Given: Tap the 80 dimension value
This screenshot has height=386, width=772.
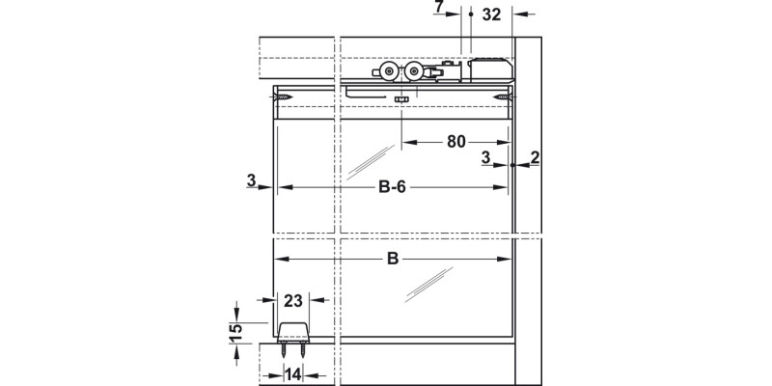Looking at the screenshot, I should click(x=458, y=141).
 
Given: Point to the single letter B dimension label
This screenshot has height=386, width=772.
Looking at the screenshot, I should click(x=393, y=259).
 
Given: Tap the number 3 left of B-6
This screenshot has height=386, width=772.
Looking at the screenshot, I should click(x=251, y=179).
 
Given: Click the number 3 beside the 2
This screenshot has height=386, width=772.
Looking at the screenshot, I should click(x=486, y=157).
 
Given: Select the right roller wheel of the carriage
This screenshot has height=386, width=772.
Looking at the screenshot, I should click(x=415, y=73).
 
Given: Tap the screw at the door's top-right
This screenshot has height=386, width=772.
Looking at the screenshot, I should click(x=502, y=96).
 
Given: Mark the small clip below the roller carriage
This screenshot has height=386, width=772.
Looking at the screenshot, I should click(x=402, y=98).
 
